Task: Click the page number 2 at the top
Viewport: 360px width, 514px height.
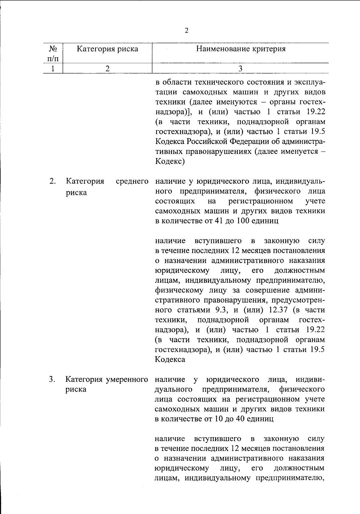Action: click(186, 31)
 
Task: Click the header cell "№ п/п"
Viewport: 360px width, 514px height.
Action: click(52, 53)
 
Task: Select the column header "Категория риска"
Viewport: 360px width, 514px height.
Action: click(107, 49)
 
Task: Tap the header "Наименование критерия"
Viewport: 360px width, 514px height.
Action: click(241, 49)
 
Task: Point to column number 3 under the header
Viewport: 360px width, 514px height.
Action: click(240, 68)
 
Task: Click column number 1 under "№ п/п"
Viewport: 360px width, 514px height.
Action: click(52, 68)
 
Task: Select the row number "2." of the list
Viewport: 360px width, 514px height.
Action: click(52, 181)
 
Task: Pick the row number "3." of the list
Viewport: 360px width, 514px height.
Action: click(52, 379)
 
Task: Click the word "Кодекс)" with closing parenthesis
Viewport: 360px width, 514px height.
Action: click(169, 161)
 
